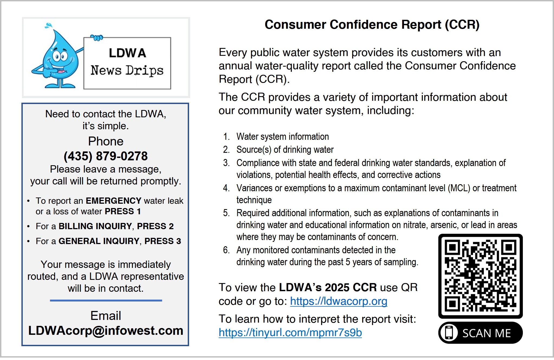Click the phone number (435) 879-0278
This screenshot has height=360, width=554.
[x=106, y=156]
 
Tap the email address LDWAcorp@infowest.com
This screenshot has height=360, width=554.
[x=106, y=330]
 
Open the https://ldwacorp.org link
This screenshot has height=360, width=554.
[x=339, y=301]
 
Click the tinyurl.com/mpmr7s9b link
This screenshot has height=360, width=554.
[x=290, y=333]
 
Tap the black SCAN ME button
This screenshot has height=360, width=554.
[x=480, y=333]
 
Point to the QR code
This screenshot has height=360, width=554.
[x=481, y=276]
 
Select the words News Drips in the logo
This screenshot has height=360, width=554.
[x=127, y=70]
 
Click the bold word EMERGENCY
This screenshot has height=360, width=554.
[x=114, y=201]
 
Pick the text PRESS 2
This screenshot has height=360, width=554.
[x=155, y=226]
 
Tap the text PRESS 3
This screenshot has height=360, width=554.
[x=163, y=241]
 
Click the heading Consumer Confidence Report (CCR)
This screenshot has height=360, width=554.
[x=372, y=25]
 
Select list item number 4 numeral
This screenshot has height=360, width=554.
[x=226, y=188]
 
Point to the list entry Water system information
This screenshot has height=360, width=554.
[x=283, y=137]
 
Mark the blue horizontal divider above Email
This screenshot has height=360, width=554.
[x=106, y=300]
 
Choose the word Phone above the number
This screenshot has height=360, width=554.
[x=106, y=141]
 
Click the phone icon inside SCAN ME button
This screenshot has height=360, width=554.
[x=449, y=333]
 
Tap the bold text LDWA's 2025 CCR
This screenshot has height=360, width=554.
[x=328, y=287]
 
